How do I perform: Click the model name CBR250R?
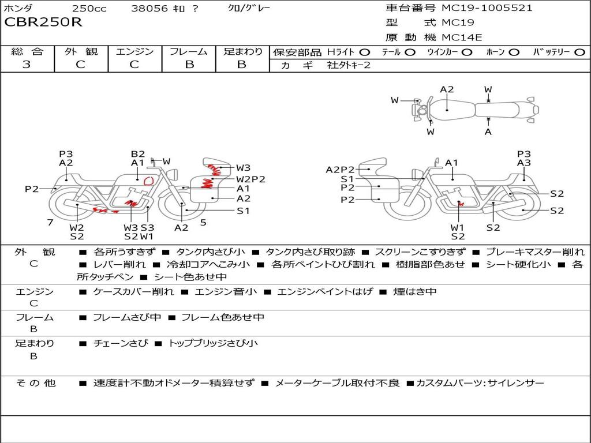pos(43,22)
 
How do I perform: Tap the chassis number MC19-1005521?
pos(487,8)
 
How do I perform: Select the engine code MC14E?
pos(462,37)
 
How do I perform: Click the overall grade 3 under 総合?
pos(27,64)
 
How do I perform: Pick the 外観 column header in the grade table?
pos(81,51)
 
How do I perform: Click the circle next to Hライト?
pos(364,52)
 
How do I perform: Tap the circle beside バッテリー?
pos(580,52)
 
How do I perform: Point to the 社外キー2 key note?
pos(349,65)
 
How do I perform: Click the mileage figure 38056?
pos(149,8)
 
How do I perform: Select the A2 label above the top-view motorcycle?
pos(447,89)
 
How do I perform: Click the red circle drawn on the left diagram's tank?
pos(149,181)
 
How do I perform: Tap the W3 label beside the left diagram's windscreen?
pos(243,168)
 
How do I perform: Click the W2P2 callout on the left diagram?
pos(250,179)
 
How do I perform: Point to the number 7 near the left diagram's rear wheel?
pos(50,222)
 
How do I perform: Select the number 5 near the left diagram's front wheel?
pos(203,222)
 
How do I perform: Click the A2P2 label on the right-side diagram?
pos(340,170)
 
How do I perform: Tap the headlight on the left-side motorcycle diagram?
pos(174,175)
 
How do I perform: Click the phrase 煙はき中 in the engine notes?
pos(414,291)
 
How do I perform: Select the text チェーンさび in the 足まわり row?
pos(121,343)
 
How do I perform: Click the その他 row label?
pos(35,383)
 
